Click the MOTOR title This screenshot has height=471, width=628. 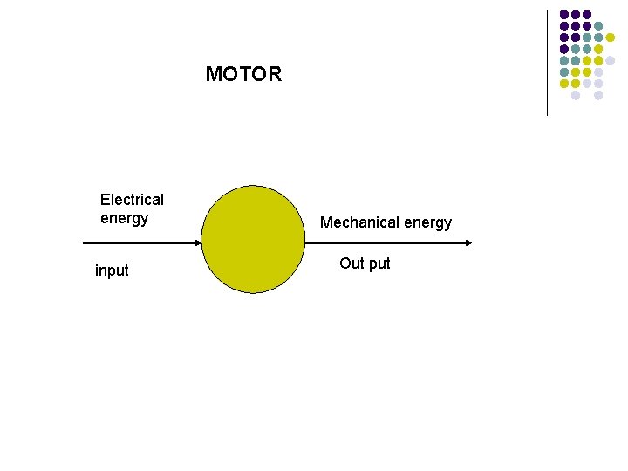click(243, 74)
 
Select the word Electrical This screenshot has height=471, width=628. click(132, 200)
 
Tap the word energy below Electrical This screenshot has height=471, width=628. click(124, 218)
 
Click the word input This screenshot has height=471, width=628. click(112, 270)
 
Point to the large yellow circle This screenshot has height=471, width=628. click(253, 239)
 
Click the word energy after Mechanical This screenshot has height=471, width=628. click(426, 222)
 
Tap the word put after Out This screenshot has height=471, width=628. click(379, 263)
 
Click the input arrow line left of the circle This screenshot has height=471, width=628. click(131, 241)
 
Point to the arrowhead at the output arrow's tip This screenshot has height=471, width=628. click(469, 241)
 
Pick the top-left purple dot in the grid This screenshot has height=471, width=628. click(564, 15)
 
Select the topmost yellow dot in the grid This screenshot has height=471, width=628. click(610, 38)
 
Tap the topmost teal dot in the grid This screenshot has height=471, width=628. click(598, 26)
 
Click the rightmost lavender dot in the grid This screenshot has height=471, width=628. click(610, 60)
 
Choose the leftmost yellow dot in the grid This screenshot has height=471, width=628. click(564, 84)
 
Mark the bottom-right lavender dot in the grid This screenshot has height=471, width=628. click(598, 95)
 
